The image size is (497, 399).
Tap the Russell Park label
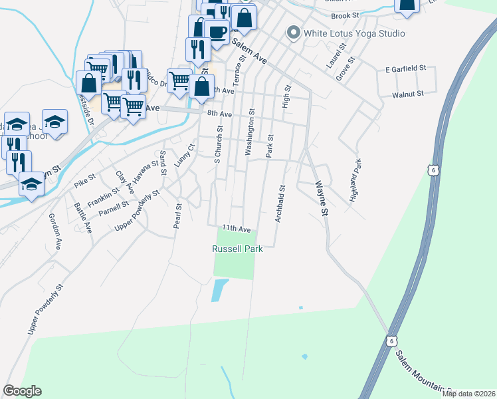[237, 249]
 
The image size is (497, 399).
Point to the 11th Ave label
[237, 228]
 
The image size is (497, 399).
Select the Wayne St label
[322, 198]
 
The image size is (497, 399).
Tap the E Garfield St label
[405, 68]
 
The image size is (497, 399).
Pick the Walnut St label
[407, 94]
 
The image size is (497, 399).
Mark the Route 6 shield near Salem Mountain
[392, 340]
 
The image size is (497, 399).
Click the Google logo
[22, 391]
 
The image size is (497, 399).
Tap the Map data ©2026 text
[468, 394]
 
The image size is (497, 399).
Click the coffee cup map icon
[217, 31]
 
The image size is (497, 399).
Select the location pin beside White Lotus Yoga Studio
[292, 33]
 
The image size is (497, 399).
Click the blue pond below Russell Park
[219, 290]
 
